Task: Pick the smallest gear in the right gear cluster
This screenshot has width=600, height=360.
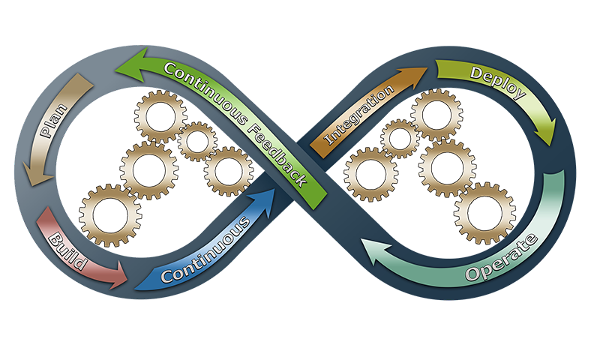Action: [399, 138]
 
